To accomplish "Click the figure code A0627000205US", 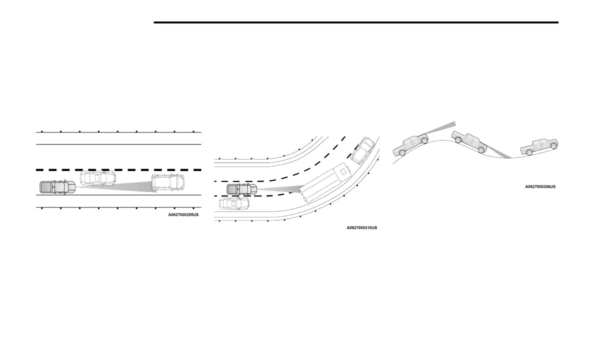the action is point(183,214).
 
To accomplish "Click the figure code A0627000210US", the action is point(362,227).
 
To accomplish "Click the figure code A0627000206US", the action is point(540,186).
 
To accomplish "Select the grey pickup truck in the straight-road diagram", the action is point(57,187).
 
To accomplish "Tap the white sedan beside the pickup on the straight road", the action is point(97,177).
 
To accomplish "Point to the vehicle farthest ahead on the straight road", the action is point(167,183).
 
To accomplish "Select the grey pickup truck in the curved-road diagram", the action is point(241,189).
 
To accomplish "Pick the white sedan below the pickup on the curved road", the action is point(234,203).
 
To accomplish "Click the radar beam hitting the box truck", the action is point(280,189).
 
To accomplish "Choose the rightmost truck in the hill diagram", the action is point(539,146).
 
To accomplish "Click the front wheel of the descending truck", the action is point(480,149).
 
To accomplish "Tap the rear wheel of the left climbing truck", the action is point(402,152).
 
